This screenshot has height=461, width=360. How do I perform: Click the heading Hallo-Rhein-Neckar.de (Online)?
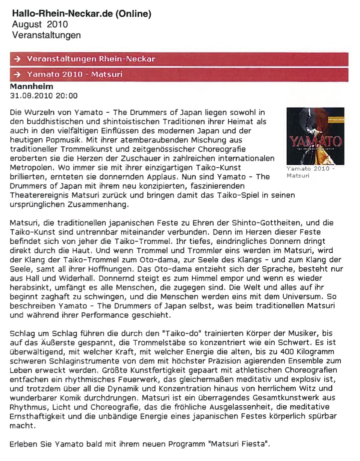pyautogui.click(x=82, y=14)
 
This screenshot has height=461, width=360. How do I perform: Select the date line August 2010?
pyautogui.click(x=40, y=25)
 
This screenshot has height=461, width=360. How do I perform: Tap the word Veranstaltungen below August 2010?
pyautogui.click(x=47, y=36)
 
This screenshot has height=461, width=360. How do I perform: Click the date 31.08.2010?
pyautogui.click(x=32, y=96)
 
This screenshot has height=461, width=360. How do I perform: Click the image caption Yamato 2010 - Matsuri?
pyautogui.click(x=310, y=172)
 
